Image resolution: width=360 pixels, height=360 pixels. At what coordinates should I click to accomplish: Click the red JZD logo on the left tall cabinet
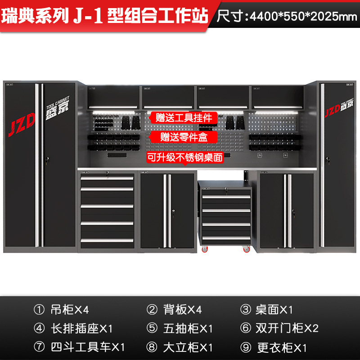pyautogui.click(x=21, y=125)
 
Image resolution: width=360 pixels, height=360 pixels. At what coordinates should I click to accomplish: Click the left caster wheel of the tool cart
pyautogui.click(x=205, y=249)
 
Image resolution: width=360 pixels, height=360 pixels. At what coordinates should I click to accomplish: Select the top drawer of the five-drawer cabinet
pyautogui.click(x=107, y=179)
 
